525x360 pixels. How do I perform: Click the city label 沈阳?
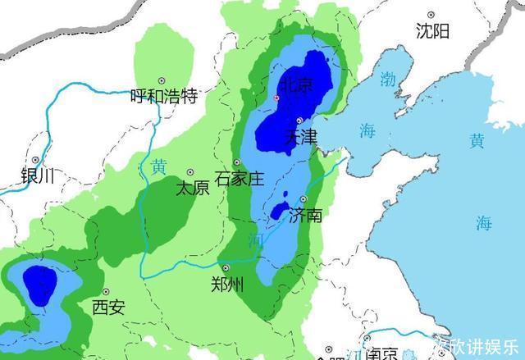point(432,32)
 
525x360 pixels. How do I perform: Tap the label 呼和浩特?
point(165,97)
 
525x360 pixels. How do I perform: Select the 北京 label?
point(295,84)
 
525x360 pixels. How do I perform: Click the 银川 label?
point(37,175)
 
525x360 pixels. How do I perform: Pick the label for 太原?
point(193,188)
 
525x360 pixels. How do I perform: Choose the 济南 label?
point(305,216)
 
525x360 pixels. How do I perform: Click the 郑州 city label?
point(227,285)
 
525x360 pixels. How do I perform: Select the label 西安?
point(108,308)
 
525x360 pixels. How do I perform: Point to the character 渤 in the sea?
point(386,80)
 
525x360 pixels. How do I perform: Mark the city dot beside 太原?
point(190,172)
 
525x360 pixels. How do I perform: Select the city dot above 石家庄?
point(236,162)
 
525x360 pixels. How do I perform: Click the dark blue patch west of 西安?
point(39,284)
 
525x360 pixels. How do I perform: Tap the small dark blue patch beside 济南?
point(281,209)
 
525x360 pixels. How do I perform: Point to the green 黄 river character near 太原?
point(158,166)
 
